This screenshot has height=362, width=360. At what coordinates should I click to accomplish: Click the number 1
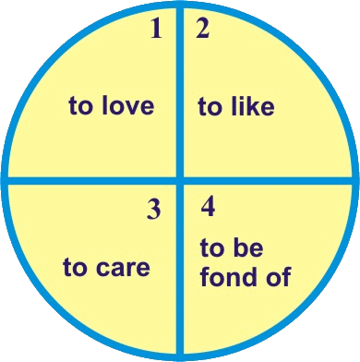click(x=156, y=30)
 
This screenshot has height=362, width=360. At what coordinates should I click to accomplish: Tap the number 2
click(x=203, y=30)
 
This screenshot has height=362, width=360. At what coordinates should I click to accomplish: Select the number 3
click(x=153, y=209)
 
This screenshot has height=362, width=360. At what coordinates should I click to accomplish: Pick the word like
click(x=250, y=106)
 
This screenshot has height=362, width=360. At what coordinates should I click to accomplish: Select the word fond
click(x=229, y=276)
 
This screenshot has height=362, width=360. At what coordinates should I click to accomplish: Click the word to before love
click(x=80, y=106)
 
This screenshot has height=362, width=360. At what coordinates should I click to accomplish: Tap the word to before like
click(x=210, y=107)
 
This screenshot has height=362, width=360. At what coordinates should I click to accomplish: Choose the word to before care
click(x=75, y=267)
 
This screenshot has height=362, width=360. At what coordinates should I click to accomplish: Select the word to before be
click(x=212, y=247)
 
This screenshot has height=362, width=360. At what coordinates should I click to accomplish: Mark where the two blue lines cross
click(x=180, y=180)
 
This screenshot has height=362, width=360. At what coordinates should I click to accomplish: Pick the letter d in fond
click(x=249, y=276)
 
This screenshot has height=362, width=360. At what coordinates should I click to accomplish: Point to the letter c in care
click(x=102, y=268)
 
